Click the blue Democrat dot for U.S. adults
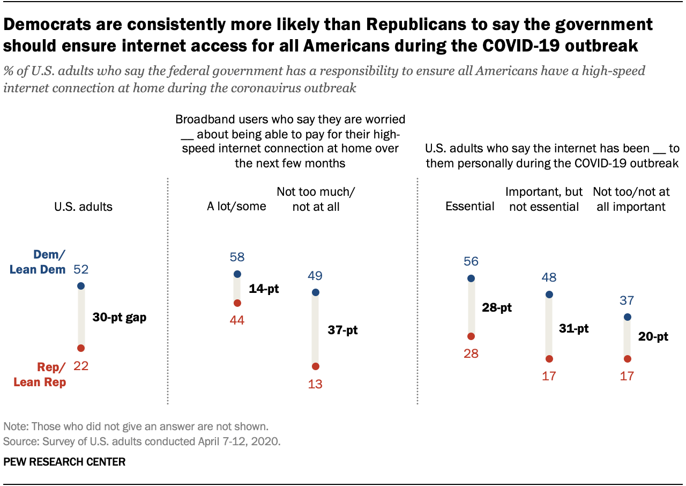(81, 286)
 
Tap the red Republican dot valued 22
(81, 348)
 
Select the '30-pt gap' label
(119, 317)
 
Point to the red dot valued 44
(237, 303)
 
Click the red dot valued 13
(315, 366)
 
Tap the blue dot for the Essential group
(471, 278)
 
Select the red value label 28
(471, 354)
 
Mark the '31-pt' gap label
(573, 328)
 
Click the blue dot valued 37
(627, 317)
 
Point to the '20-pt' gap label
(653, 337)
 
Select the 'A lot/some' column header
(236, 207)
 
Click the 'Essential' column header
(470, 207)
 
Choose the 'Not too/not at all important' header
(631, 200)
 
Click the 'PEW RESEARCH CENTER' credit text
(64, 462)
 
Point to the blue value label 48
(549, 277)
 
